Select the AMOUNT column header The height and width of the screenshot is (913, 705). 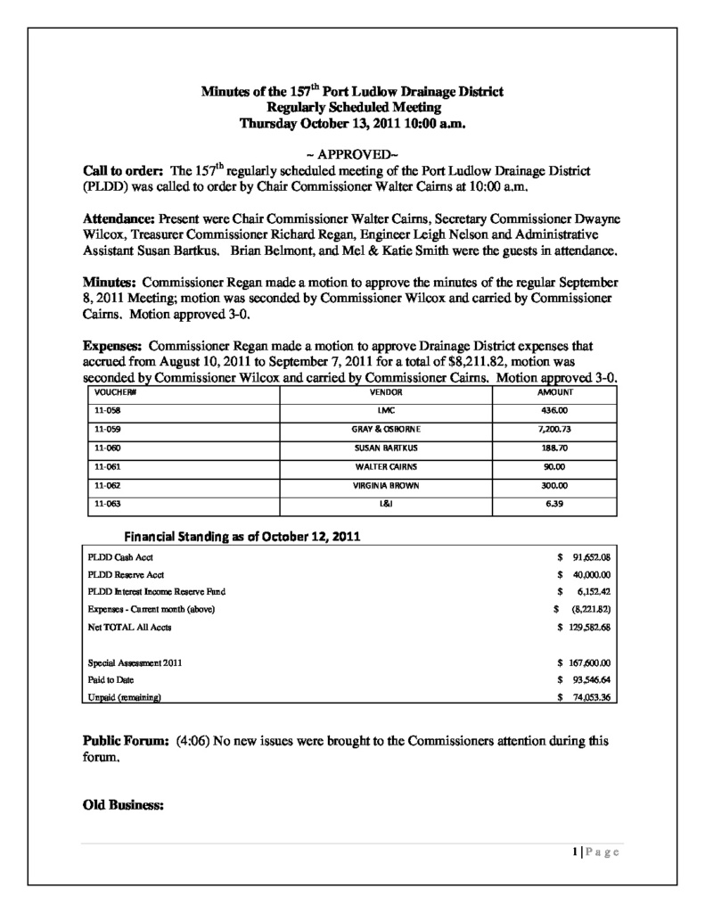(555, 392)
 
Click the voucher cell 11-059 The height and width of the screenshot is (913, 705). (106, 429)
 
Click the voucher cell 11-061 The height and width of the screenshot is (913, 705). (106, 466)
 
